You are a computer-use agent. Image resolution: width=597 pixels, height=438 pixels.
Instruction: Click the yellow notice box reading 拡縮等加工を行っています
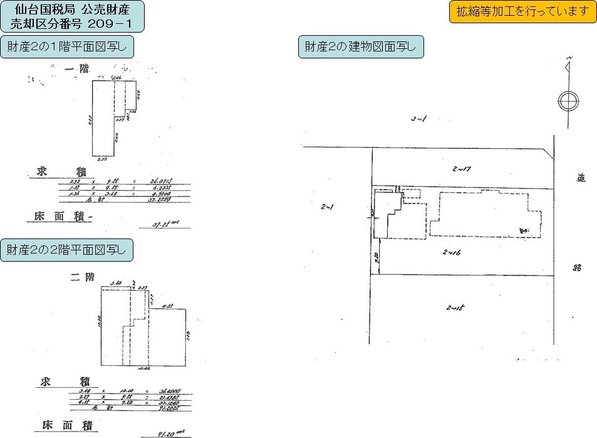click(x=522, y=12)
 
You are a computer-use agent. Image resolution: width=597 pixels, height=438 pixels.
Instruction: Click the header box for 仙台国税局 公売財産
click(x=72, y=17)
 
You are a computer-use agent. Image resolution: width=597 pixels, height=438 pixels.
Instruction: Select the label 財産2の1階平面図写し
click(x=67, y=47)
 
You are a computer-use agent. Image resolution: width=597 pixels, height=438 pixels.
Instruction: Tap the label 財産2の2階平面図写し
click(x=66, y=249)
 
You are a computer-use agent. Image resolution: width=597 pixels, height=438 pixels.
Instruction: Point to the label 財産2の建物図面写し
click(x=361, y=47)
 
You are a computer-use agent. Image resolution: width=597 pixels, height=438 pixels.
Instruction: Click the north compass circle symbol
click(x=568, y=100)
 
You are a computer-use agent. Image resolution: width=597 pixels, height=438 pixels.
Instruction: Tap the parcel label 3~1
click(x=418, y=119)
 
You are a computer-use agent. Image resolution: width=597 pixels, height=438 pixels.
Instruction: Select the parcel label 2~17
click(x=461, y=168)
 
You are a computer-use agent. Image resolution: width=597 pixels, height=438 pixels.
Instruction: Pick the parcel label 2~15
click(x=455, y=307)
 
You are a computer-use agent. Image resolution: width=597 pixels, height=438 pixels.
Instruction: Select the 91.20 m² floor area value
click(x=169, y=432)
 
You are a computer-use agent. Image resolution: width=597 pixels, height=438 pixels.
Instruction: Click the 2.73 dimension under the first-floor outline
click(x=103, y=161)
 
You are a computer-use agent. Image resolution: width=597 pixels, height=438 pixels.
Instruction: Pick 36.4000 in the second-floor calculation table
click(x=164, y=390)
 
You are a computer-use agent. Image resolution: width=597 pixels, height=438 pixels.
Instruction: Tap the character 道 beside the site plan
click(x=581, y=178)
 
